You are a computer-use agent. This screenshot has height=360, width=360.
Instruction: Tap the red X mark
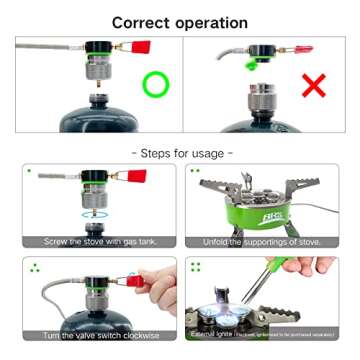[314, 84]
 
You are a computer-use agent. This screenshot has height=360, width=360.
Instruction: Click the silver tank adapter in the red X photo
[262, 100]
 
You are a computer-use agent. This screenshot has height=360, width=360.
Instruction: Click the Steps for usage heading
[180, 152]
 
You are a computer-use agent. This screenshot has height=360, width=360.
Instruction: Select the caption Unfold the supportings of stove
[263, 241]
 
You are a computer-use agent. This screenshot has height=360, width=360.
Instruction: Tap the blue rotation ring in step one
[95, 212]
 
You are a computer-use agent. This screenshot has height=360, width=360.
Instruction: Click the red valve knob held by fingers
[139, 279]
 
